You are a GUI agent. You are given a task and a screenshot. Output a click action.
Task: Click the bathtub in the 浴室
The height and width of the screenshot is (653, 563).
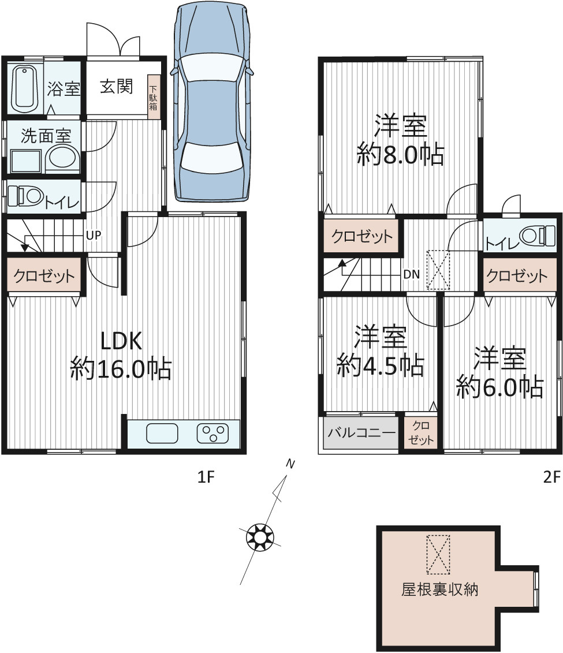coord(25,88)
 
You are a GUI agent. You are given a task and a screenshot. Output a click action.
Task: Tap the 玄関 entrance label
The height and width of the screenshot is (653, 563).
coord(116,87)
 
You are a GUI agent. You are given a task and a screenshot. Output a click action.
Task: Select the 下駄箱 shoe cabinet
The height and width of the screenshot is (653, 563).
coord(154,96)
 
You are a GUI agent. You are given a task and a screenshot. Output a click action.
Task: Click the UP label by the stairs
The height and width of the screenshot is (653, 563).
coord(94,236)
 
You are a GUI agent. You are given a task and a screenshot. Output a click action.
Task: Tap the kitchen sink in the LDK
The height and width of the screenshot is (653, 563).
coord(162,433)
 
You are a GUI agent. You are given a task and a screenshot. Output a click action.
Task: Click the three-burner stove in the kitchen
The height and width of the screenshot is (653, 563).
coord(212,433)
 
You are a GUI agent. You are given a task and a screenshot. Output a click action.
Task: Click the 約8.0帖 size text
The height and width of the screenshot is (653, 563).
coord(400,155)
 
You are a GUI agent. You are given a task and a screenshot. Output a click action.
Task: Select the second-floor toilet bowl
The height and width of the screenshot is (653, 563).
coord(537,236)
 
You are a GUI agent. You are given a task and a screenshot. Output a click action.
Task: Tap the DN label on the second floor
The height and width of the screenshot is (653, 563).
coord(411,274)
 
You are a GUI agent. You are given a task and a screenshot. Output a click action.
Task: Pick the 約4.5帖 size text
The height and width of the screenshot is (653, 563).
coord(380,366)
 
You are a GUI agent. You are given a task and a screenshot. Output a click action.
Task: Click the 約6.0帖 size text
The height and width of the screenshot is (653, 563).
coord(499,387)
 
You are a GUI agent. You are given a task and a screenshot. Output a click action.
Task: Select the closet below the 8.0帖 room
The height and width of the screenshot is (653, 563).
coord(361,236)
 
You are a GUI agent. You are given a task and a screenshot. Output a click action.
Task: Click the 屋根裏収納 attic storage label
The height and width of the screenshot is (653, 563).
coord(440,589)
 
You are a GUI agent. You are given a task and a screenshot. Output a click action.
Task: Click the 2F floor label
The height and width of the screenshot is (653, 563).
coord(552,476)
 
